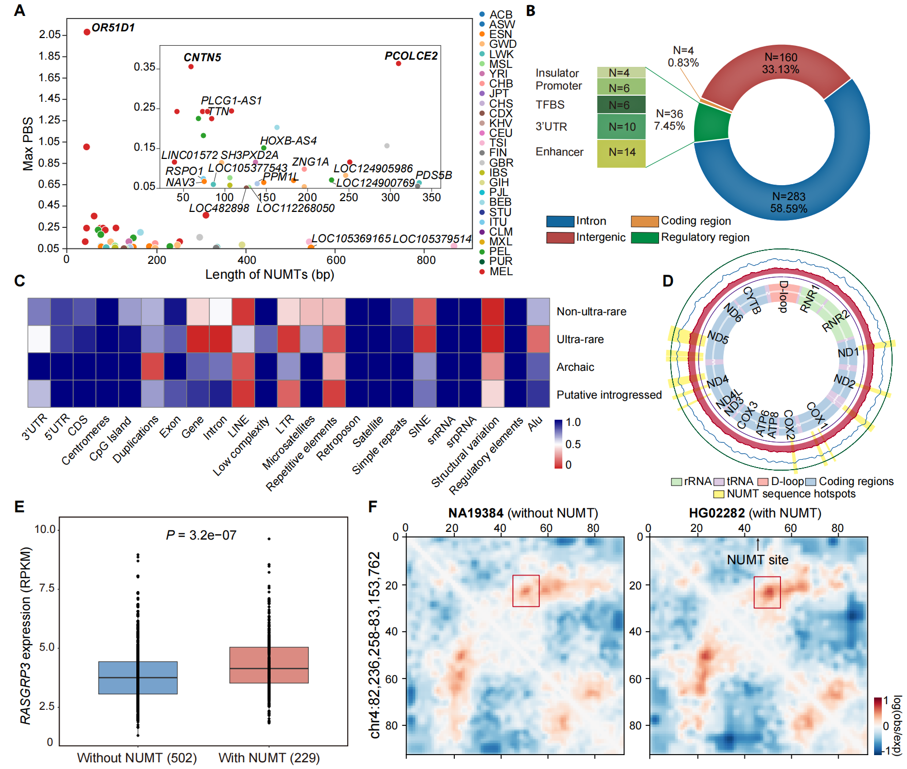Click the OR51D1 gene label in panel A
pos(113,28)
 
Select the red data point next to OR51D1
pos(87,32)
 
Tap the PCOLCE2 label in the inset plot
pos(411,56)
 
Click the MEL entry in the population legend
pos(501,272)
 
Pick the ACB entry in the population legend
pos(501,15)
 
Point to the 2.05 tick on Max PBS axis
pos(50,34)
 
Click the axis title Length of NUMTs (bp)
pos(270,275)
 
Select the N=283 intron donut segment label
pos(789,202)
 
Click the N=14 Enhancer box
pos(621,152)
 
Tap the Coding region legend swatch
pos(645,221)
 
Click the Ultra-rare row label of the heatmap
pos(580,339)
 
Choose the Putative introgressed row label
pos(609,395)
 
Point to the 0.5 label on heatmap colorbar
pos(573,444)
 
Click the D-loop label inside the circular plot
pos(783,296)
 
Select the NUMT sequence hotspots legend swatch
pos(719,494)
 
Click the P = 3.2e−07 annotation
pos(201,535)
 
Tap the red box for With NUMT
pos(269,665)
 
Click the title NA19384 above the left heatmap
pos(475,513)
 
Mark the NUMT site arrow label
pos(757,560)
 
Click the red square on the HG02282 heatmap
pos(767,592)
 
